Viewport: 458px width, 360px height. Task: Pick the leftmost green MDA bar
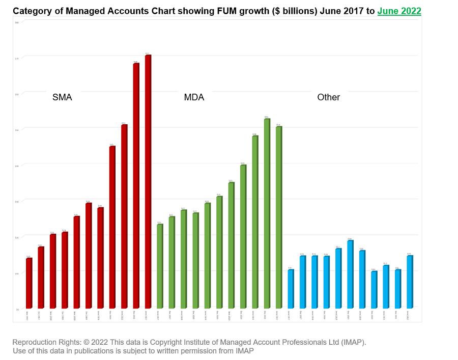(160, 266)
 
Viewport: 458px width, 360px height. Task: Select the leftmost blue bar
(291, 289)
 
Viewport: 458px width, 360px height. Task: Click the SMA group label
(62, 97)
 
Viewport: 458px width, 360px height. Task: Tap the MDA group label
(194, 97)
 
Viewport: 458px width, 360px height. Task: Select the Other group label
(328, 97)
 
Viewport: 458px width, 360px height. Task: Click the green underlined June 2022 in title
(399, 11)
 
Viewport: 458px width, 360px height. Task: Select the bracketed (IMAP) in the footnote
(353, 342)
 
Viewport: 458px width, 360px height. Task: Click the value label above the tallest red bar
(148, 53)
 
